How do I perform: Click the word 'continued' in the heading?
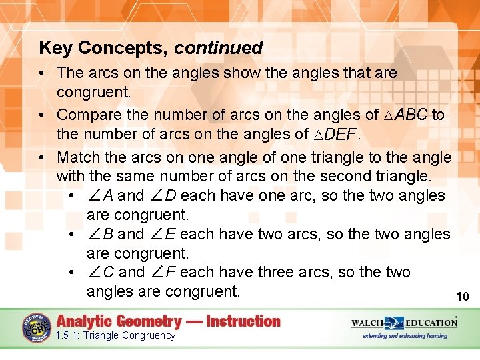[x=219, y=48]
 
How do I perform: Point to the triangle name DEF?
[x=341, y=135]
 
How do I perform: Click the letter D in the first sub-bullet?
[x=171, y=196]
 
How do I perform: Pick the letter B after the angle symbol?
[x=108, y=235]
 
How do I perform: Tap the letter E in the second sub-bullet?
[x=171, y=235]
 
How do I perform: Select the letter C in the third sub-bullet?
[x=108, y=273]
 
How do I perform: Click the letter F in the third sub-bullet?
[x=171, y=273]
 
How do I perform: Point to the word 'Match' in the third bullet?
[x=77, y=158]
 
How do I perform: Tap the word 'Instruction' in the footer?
[x=243, y=321]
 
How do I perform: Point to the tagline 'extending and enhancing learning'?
[x=405, y=335]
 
